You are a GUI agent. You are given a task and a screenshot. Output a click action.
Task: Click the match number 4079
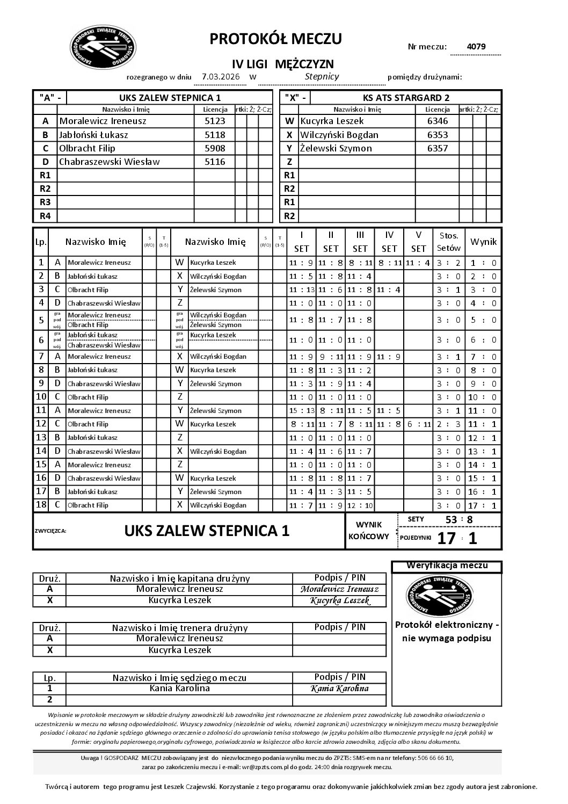pyautogui.click(x=476, y=46)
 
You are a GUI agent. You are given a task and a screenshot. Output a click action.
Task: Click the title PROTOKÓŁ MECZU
pyautogui.click(x=275, y=39)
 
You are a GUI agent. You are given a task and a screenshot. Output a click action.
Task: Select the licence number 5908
pyautogui.click(x=215, y=148)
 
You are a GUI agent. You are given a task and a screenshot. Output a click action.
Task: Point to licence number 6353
pyautogui.click(x=437, y=135)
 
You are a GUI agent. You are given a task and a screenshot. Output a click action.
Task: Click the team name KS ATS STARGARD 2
pyautogui.click(x=406, y=98)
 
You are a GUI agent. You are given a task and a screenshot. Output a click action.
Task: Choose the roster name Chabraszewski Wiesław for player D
pyautogui.click(x=110, y=162)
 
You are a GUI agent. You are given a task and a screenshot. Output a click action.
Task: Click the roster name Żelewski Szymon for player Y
pyautogui.click(x=336, y=148)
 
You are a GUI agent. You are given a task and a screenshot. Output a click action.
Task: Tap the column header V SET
pyautogui.click(x=418, y=242)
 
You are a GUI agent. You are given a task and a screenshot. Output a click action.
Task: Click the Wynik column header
pyautogui.click(x=483, y=242)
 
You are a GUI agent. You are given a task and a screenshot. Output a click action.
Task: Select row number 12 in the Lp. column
pyautogui.click(x=41, y=424)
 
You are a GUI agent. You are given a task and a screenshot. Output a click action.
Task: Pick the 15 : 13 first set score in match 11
pyautogui.click(x=302, y=410)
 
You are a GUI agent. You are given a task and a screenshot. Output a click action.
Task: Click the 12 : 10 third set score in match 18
pyautogui.click(x=360, y=505)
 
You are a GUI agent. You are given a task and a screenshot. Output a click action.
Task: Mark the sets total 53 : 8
pyautogui.click(x=458, y=519)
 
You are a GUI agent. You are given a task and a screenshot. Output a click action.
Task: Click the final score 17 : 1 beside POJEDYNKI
pyautogui.click(x=457, y=538)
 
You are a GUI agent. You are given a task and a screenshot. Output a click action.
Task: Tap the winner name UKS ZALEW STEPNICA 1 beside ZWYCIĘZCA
pyautogui.click(x=207, y=531)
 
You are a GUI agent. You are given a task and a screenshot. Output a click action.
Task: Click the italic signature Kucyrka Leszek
pyautogui.click(x=340, y=601)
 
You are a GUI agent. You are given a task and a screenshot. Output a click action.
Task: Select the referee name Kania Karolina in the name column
pyautogui.click(x=179, y=689)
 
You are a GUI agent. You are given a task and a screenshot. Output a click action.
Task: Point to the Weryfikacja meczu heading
pyautogui.click(x=447, y=566)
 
